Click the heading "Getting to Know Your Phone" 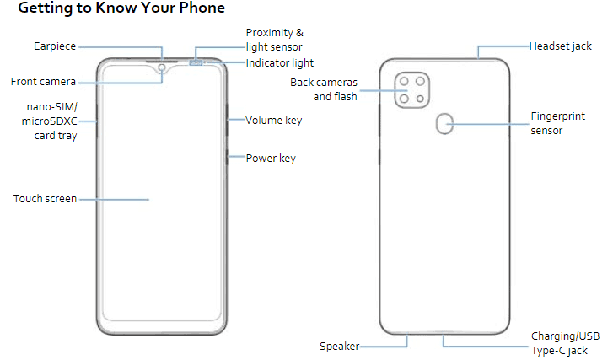click(121, 9)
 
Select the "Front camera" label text click(43, 82)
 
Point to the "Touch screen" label click(45, 199)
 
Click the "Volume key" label click(273, 121)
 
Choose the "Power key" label click(270, 158)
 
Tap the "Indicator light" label click(280, 63)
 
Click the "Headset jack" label click(561, 46)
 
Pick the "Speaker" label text click(340, 346)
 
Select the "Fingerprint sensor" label click(559, 122)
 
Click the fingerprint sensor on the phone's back click(444, 124)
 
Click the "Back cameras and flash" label click(324, 89)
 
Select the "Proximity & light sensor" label click(274, 40)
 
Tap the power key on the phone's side click(227, 157)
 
